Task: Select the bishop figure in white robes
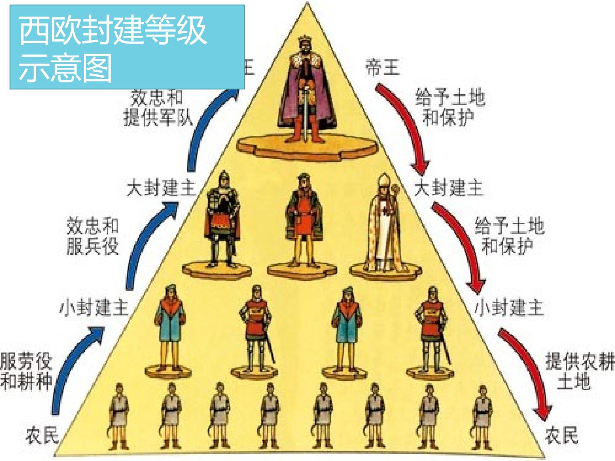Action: point(385,224)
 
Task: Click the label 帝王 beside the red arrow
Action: point(382,67)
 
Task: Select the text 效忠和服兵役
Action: point(92,236)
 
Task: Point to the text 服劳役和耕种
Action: point(26,371)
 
